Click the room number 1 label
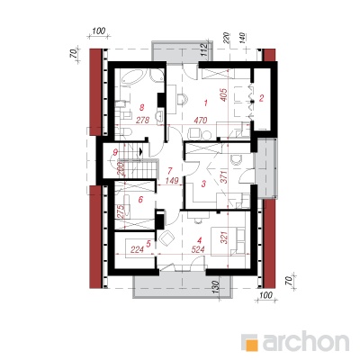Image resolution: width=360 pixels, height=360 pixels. [x=205, y=103]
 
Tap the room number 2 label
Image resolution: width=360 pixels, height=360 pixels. [x=261, y=98]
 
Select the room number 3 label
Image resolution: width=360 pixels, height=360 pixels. [x=203, y=184]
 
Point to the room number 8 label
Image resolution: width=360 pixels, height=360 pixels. [x=142, y=107]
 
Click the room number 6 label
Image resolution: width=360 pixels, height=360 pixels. [x=140, y=199]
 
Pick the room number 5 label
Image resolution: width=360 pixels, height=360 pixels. [x=148, y=244]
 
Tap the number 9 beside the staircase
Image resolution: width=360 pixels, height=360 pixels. [x=114, y=152]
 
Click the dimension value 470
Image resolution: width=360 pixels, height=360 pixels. [x=200, y=121]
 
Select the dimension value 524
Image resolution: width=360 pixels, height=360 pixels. [x=198, y=249]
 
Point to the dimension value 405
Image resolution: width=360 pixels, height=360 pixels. [x=227, y=94]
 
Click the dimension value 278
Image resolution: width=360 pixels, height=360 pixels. [x=142, y=121]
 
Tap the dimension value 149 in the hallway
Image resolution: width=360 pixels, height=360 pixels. [x=172, y=181]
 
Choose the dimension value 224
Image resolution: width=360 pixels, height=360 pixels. [x=137, y=249]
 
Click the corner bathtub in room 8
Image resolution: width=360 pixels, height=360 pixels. [x=132, y=77]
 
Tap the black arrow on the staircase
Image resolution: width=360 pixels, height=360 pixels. [x=141, y=152]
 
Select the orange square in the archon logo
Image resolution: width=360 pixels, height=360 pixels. [x=253, y=345]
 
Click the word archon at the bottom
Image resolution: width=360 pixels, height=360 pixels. [x=306, y=341]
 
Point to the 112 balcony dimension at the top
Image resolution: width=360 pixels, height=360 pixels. [x=203, y=49]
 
